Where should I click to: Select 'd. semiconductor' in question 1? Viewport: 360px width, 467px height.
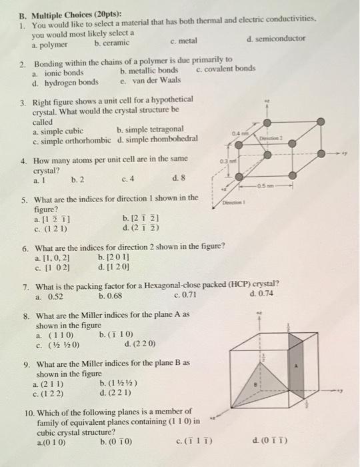pos(275,38)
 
